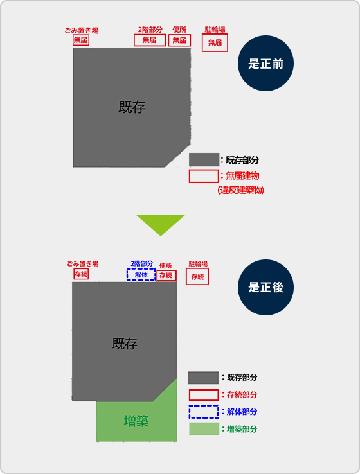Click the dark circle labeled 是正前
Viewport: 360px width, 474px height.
click(265, 63)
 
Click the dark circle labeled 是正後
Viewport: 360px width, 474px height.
click(265, 287)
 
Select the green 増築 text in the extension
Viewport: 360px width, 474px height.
click(136, 421)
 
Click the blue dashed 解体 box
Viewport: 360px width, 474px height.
click(141, 275)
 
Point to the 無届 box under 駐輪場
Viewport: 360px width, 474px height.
click(215, 42)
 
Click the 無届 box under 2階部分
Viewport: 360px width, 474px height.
click(150, 40)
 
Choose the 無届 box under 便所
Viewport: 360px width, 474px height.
click(180, 40)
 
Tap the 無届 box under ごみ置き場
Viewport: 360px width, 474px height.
click(81, 40)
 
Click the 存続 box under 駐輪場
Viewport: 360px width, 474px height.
click(197, 277)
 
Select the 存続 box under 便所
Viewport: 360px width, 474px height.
click(166, 276)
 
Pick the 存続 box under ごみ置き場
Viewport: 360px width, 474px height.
click(81, 274)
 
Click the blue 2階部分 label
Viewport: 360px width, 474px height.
click(142, 263)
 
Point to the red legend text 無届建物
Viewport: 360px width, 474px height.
click(242, 175)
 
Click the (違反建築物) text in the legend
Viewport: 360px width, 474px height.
click(240, 190)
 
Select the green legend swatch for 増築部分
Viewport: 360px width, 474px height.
click(204, 429)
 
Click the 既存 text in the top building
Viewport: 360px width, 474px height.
click(132, 107)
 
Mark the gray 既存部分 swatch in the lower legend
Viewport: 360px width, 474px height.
click(203, 378)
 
